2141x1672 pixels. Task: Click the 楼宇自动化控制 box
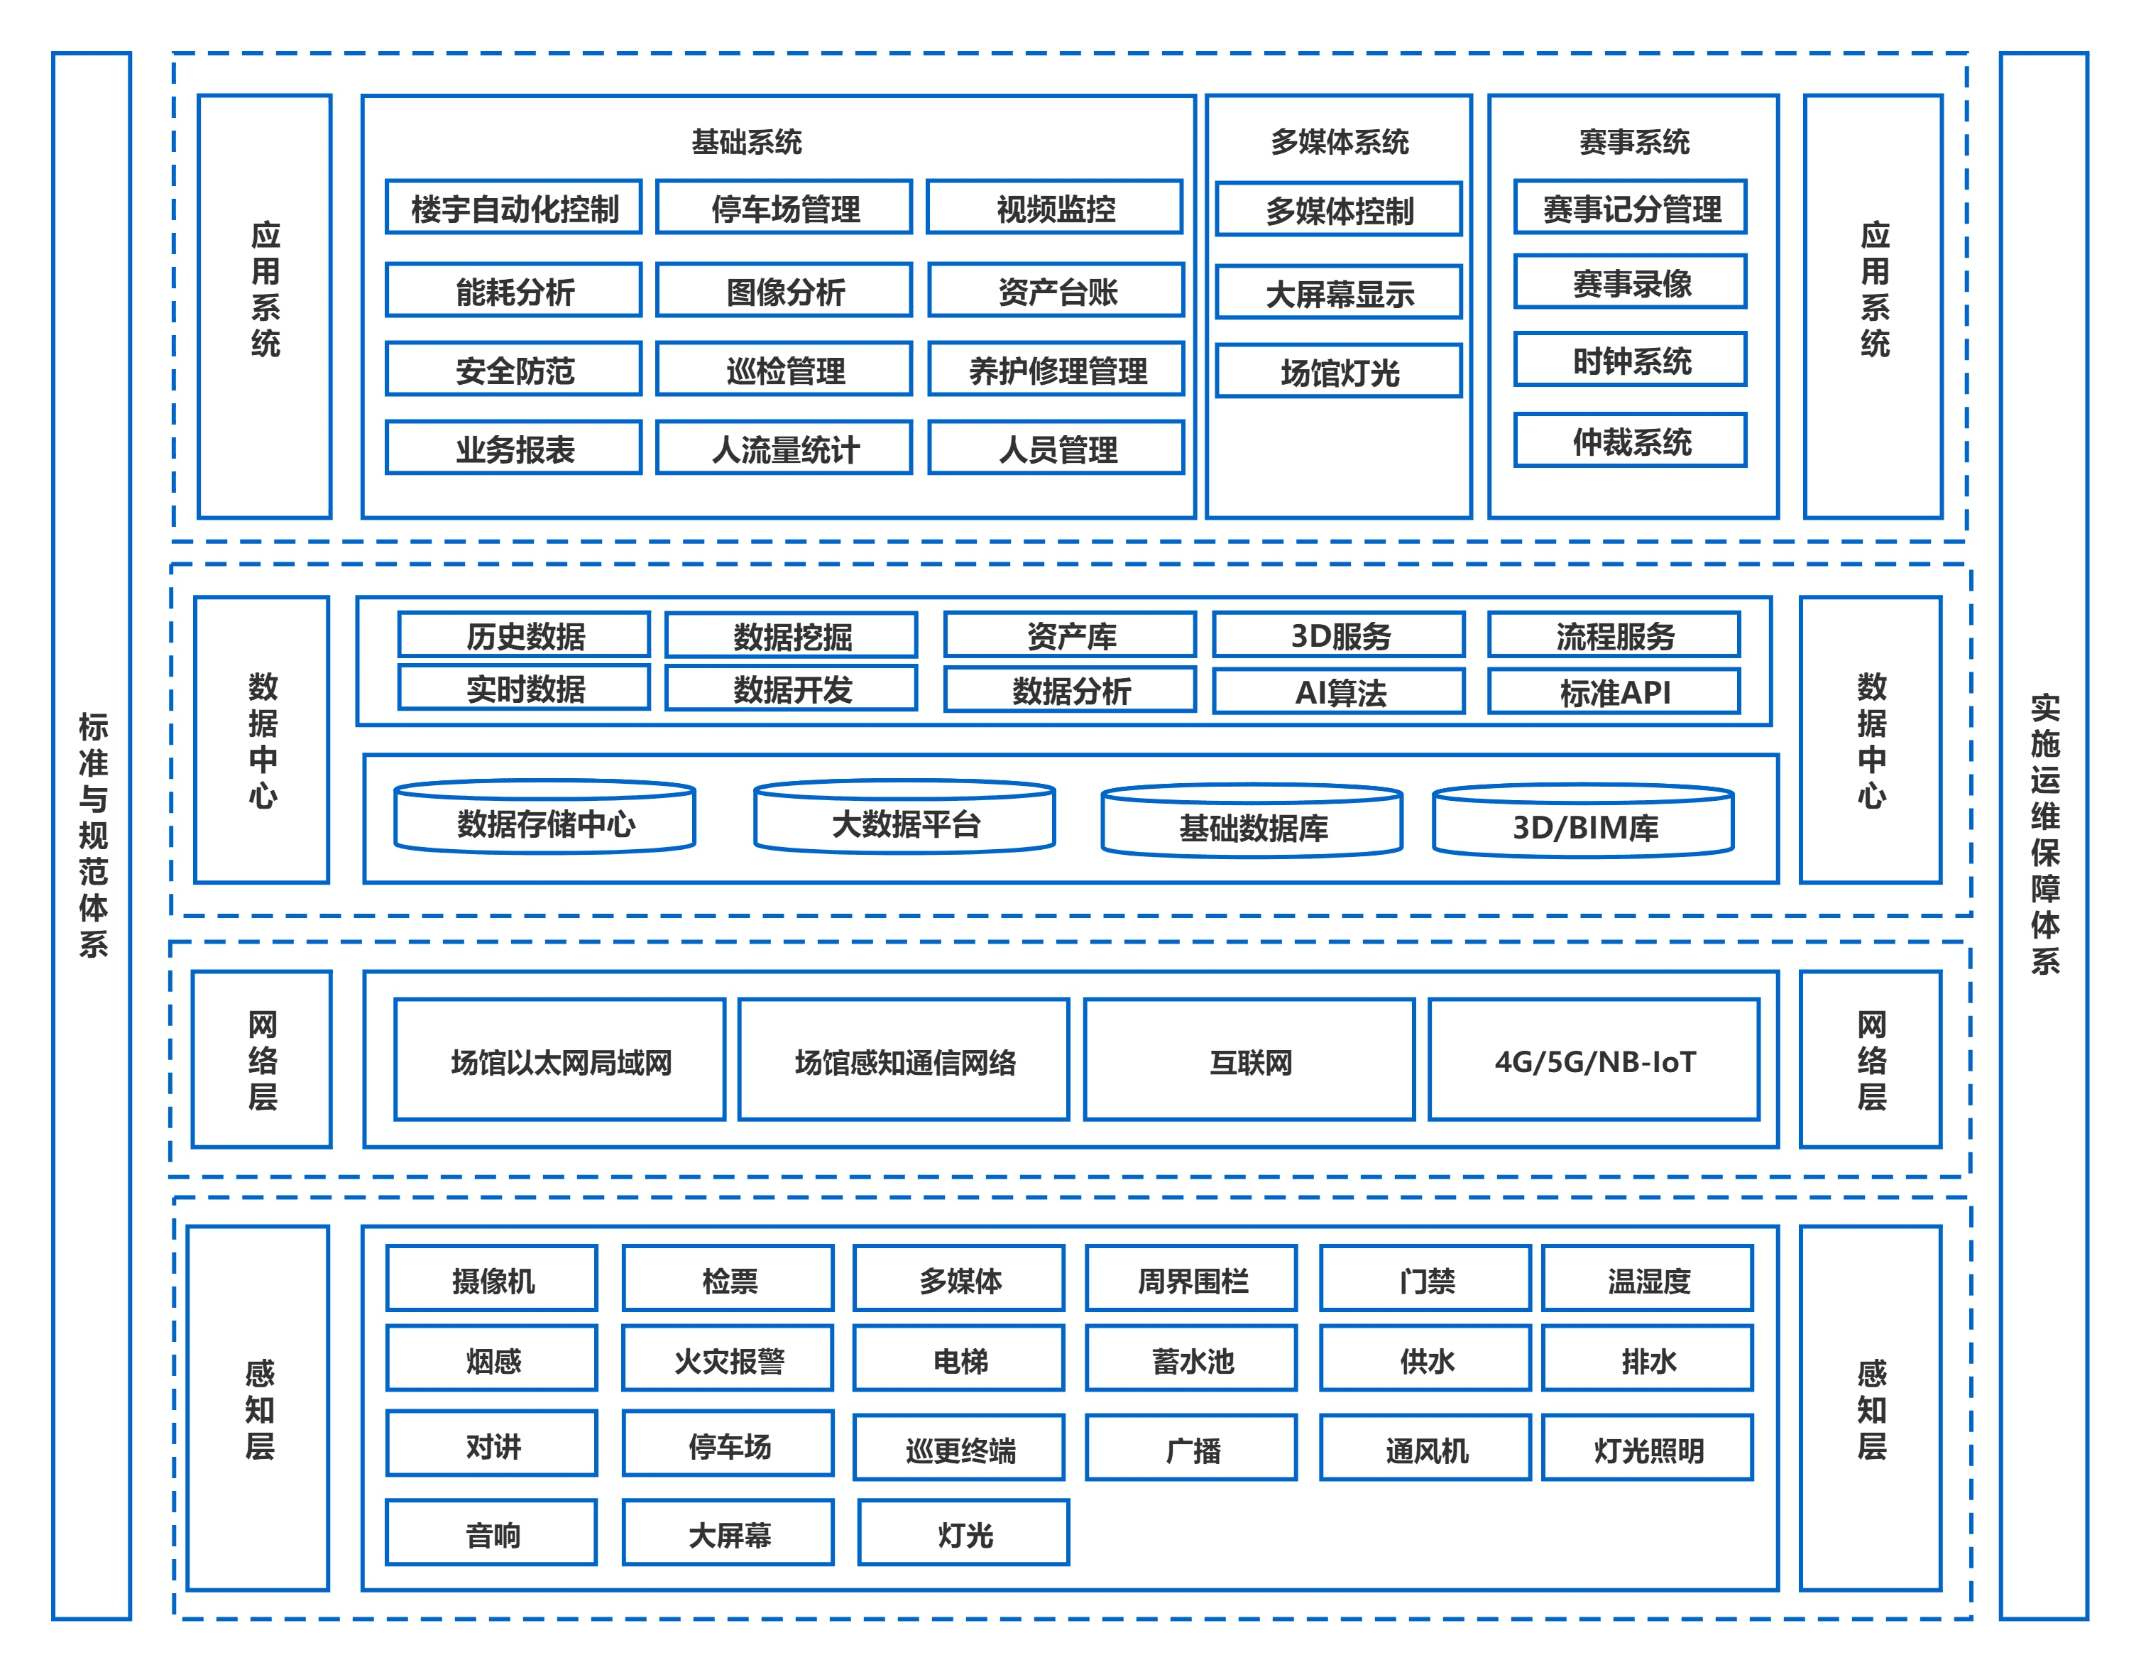pos(514,207)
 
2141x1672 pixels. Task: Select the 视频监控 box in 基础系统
pos(1055,207)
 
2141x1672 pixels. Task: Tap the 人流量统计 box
pos(784,448)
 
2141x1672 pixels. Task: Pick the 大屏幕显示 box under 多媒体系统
pos(1339,293)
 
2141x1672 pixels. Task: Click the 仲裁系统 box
pos(1631,440)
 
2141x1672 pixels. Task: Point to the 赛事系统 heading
pos(1633,141)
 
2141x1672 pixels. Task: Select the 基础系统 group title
pos(746,141)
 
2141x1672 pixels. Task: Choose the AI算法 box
pos(1339,692)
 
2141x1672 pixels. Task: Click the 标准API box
pos(1614,692)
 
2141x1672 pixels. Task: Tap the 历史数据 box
pos(525,635)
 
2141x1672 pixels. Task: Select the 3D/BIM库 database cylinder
pos(1583,824)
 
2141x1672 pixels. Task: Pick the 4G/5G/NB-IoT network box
pos(1594,1060)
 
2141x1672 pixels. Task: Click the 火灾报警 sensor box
pos(728,1359)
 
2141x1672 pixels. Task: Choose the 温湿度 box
pos(1648,1279)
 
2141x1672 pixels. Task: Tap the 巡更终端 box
pos(960,1448)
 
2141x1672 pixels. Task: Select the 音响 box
pos(492,1533)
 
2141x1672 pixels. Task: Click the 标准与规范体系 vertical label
pos(92,834)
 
